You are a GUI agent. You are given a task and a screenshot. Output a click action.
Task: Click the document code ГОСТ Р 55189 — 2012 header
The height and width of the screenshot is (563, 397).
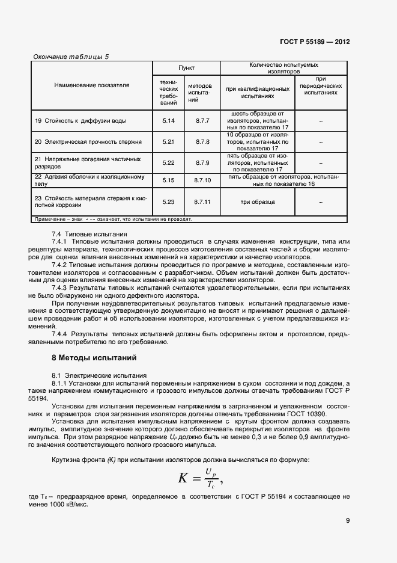tap(315, 42)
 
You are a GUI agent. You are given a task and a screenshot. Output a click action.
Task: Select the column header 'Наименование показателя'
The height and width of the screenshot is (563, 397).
tap(92, 85)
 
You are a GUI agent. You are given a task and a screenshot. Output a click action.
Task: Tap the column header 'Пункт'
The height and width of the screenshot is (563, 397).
tap(186, 69)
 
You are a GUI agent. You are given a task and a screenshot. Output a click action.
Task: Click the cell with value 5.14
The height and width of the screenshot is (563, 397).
tap(168, 121)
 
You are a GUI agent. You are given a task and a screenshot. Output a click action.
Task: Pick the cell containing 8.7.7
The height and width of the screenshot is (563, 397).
tap(202, 121)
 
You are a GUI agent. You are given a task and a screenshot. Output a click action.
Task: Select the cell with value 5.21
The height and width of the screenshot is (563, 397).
tap(168, 142)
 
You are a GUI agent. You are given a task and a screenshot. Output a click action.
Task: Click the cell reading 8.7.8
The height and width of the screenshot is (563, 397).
tap(202, 142)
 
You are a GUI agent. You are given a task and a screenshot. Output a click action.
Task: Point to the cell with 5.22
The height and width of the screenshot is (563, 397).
tap(168, 162)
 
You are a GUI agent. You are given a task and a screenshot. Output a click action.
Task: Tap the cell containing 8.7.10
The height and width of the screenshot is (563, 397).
tap(202, 180)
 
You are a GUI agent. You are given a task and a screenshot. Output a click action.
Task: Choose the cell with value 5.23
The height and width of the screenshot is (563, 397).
tap(168, 202)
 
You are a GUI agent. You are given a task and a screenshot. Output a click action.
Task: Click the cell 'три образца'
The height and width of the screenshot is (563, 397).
tap(258, 202)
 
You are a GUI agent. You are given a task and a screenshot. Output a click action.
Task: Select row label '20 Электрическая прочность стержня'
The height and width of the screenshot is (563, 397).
tap(88, 142)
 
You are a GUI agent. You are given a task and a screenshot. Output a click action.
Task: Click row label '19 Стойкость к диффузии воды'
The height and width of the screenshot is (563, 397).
tap(80, 121)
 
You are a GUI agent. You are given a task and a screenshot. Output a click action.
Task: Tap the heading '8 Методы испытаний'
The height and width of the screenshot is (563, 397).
tap(94, 358)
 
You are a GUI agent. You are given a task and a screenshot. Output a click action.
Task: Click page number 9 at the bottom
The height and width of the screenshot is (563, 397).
tap(347, 521)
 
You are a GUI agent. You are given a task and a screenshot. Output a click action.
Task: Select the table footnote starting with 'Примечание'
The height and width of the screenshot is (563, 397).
tap(114, 220)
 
